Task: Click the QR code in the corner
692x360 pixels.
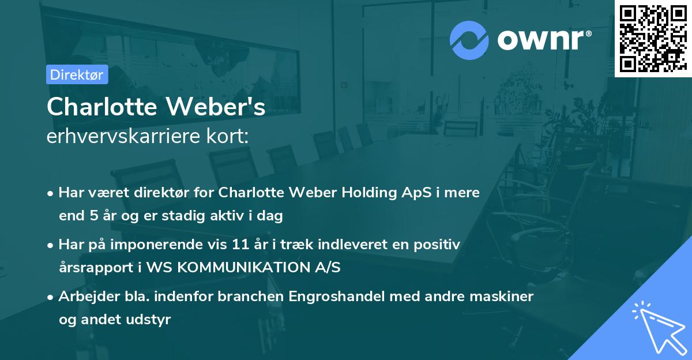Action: (x=652, y=39)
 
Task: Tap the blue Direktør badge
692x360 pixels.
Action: (x=77, y=74)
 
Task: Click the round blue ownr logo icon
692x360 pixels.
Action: (x=469, y=40)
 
